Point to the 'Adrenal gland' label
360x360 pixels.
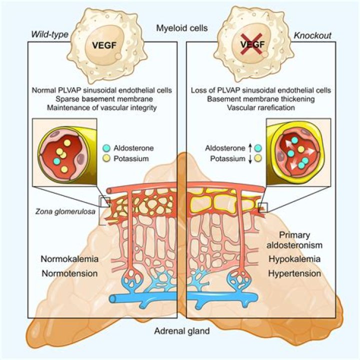click(180, 330)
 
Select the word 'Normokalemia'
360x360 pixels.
click(68, 260)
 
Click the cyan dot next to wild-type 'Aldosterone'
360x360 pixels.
click(106, 148)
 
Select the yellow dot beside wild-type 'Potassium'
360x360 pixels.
click(106, 159)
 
